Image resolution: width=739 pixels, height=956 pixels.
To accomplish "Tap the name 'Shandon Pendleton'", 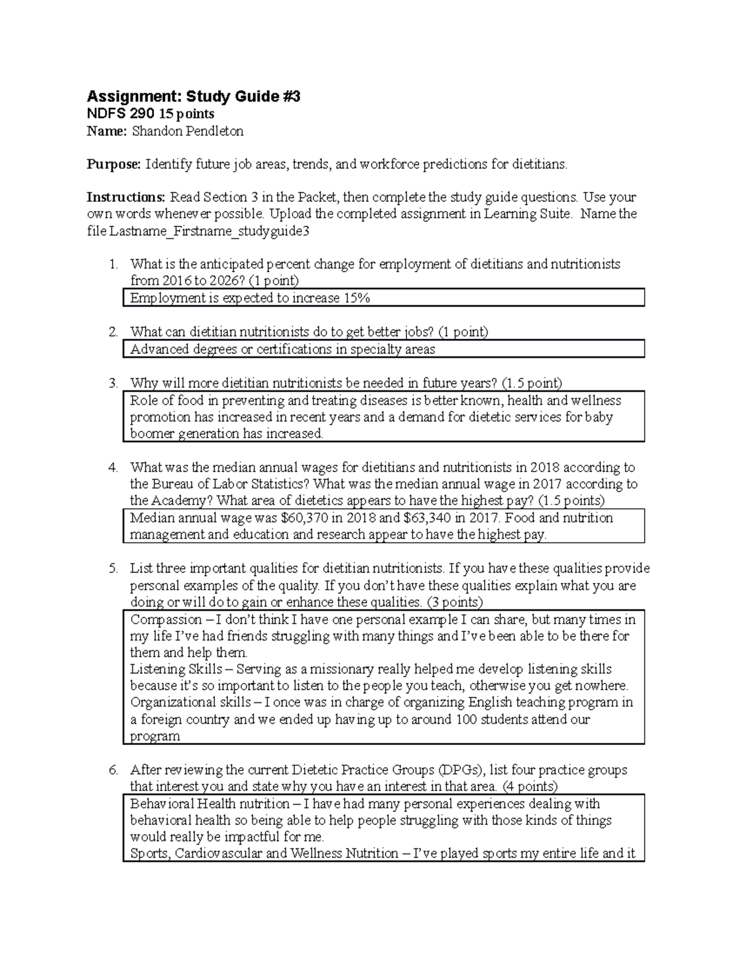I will coord(192,131).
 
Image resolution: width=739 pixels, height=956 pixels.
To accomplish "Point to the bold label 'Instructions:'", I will coord(126,198).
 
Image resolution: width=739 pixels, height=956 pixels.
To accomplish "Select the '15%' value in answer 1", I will coord(357,299).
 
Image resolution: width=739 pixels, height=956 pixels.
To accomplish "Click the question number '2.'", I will coord(113,332).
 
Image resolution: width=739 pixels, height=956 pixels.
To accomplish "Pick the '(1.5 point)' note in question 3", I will coord(531,384).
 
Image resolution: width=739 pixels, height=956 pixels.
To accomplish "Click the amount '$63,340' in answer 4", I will coord(428,518).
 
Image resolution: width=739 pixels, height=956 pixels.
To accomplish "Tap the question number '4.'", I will coord(113,468).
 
